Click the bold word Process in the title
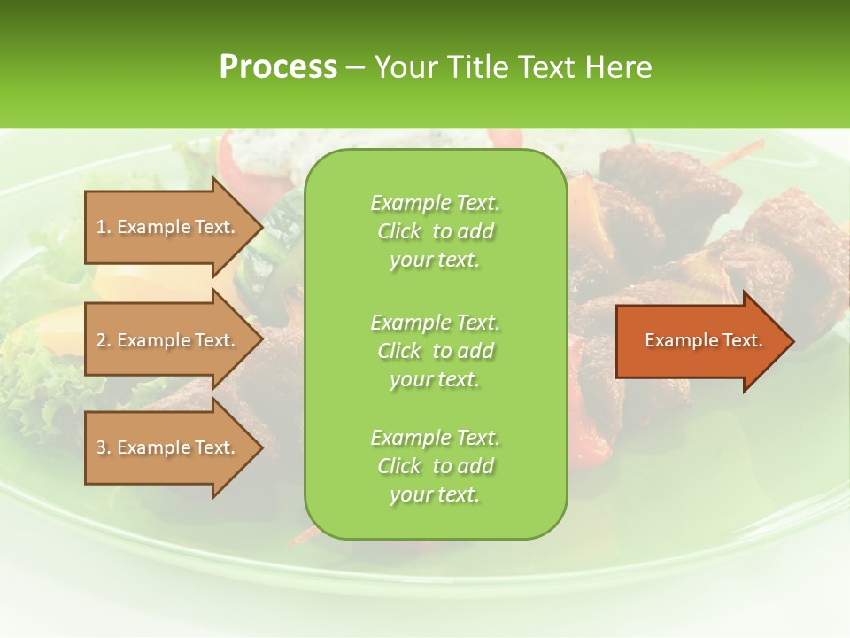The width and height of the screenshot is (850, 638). pyautogui.click(x=278, y=67)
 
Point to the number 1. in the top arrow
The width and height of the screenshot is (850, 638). pyautogui.click(x=104, y=227)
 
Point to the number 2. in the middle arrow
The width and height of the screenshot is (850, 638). pyautogui.click(x=104, y=340)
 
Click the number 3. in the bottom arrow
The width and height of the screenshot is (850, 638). pyautogui.click(x=104, y=447)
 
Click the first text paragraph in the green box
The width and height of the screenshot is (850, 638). pyautogui.click(x=435, y=231)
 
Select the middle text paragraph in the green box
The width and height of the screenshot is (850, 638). pyautogui.click(x=435, y=351)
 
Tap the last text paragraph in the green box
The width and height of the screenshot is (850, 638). pyautogui.click(x=435, y=466)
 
